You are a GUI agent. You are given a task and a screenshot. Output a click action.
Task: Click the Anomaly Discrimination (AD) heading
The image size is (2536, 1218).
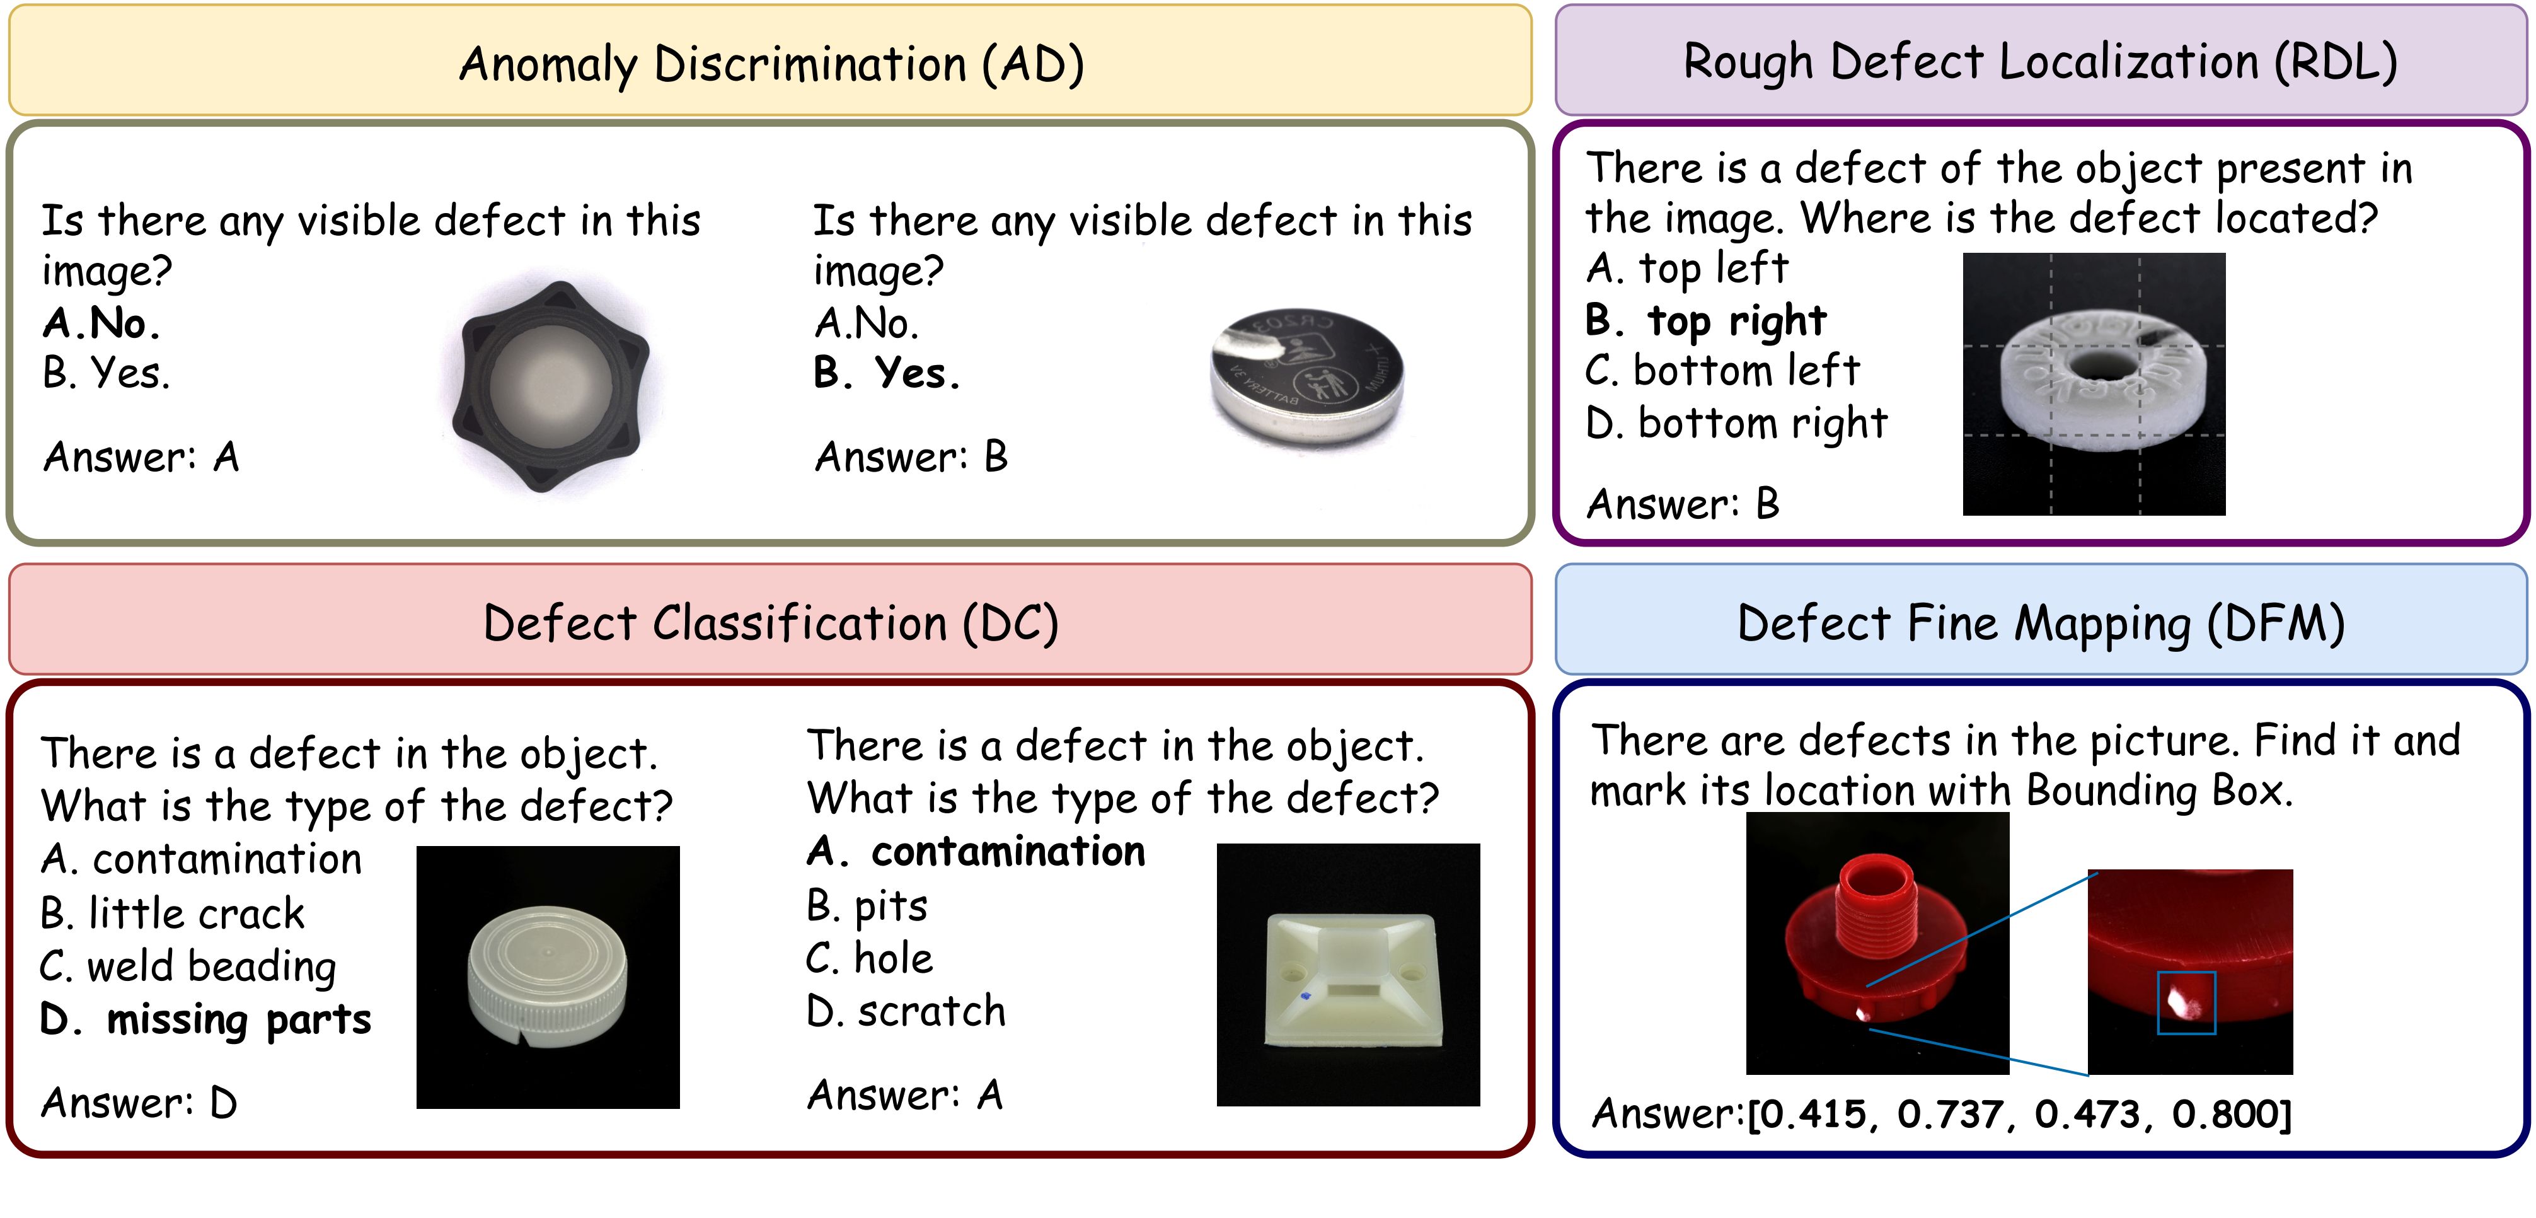[x=772, y=64]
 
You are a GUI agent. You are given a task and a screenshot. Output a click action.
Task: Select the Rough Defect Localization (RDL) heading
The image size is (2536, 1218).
[x=2040, y=62]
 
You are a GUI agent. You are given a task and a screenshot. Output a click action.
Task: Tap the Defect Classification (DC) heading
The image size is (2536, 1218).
[x=771, y=623]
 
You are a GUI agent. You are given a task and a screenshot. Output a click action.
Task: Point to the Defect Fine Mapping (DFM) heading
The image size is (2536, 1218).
[x=2041, y=623]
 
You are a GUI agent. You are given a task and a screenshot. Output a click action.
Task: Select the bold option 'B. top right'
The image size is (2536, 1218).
[x=1706, y=320]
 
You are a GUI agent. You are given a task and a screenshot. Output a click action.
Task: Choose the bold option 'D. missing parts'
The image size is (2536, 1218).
[x=205, y=1020]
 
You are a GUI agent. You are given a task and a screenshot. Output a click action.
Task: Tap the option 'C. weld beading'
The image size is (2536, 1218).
[x=188, y=966]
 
